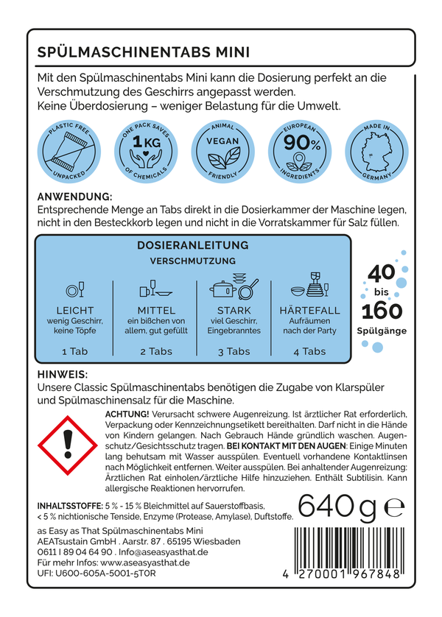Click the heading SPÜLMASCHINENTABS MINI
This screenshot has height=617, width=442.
click(144, 52)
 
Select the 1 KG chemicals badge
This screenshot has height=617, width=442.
click(147, 152)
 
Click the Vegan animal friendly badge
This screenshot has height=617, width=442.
click(220, 152)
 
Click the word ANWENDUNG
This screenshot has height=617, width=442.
click(74, 197)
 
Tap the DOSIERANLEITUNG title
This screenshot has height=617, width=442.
click(193, 245)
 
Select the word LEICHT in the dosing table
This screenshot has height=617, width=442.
click(75, 311)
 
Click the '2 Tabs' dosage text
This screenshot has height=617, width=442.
click(155, 351)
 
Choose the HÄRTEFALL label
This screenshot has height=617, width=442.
click(310, 311)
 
